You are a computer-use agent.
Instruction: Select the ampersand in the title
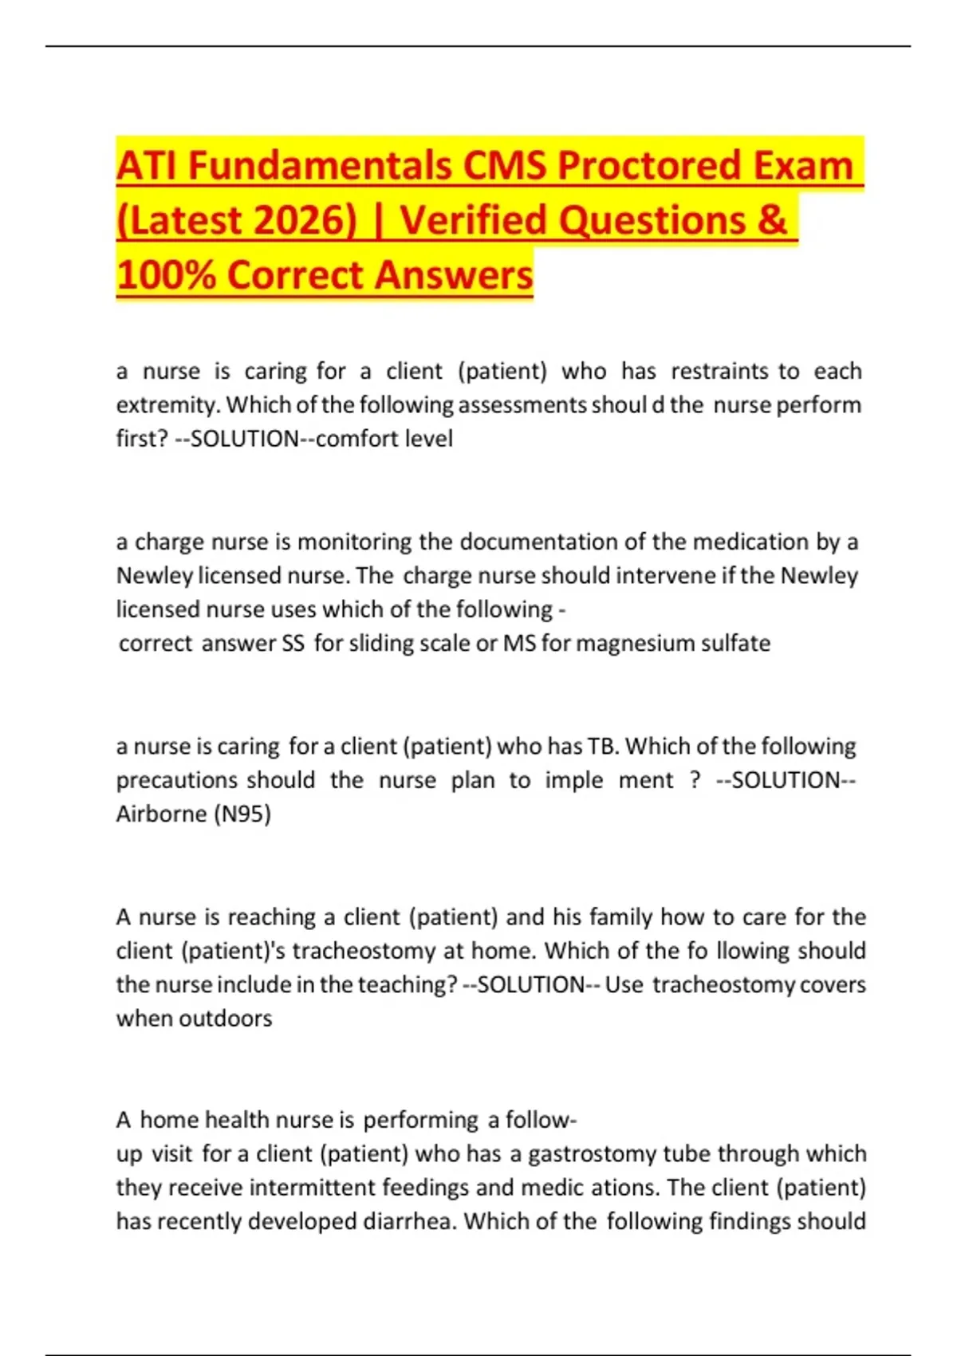coord(772,221)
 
